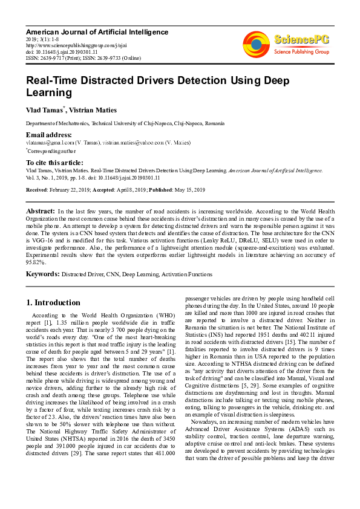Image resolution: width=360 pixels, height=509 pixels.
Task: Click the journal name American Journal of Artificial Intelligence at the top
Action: (97, 31)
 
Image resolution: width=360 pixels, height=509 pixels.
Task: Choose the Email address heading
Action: (48, 134)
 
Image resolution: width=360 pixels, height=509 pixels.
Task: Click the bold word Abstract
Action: (41, 211)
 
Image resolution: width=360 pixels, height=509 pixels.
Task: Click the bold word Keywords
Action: (42, 274)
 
